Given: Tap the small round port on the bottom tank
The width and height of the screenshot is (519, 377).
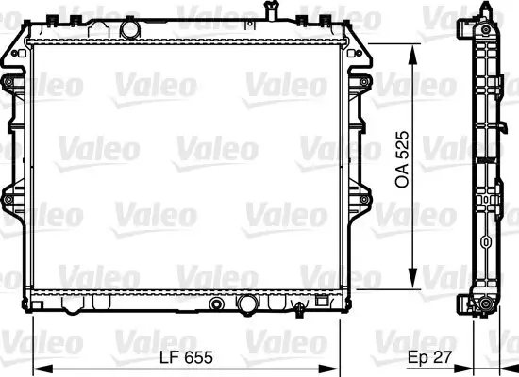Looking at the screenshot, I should coord(219,303).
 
